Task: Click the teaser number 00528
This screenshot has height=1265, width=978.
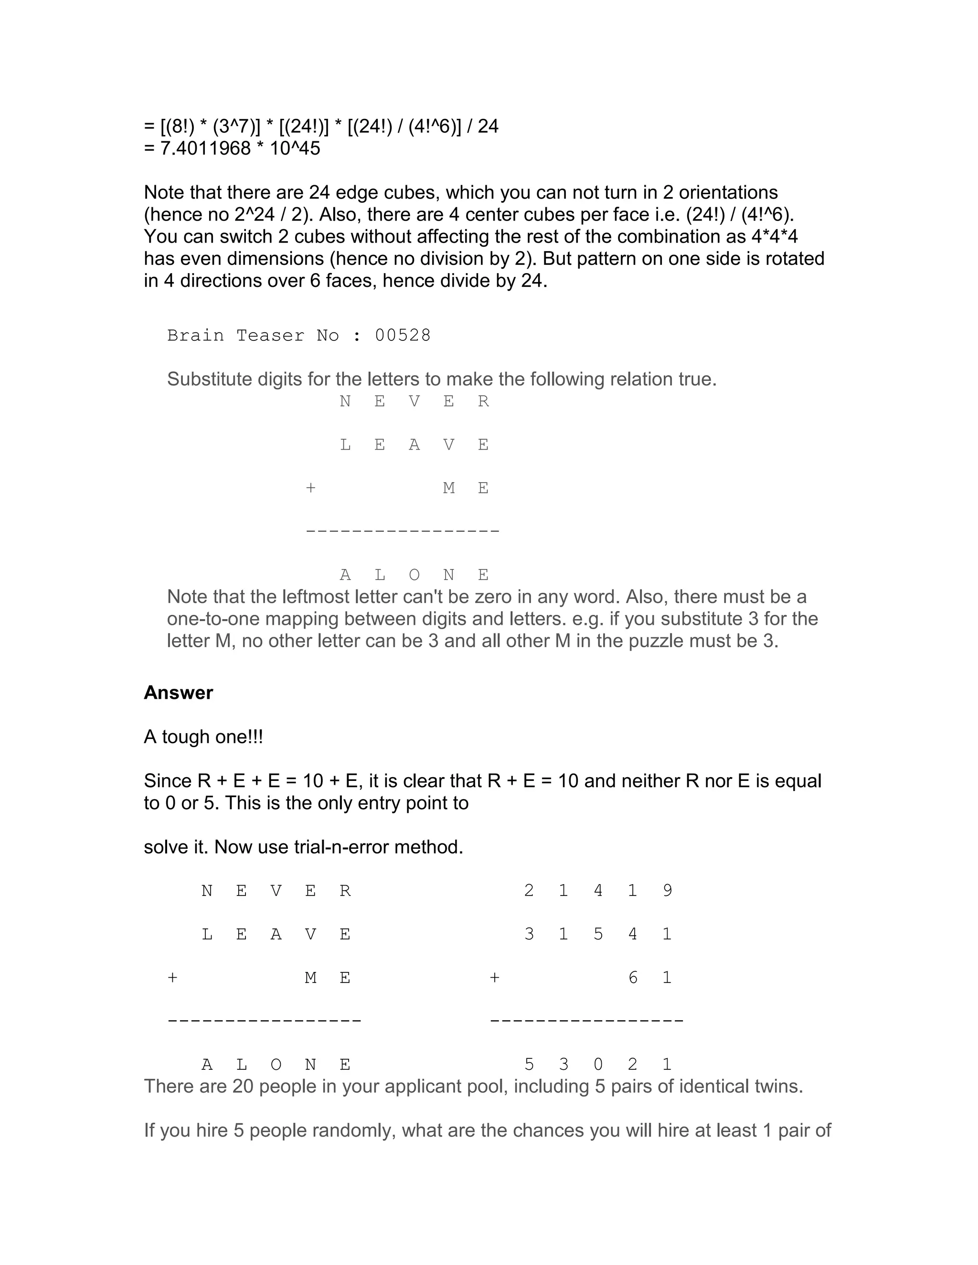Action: [x=403, y=336]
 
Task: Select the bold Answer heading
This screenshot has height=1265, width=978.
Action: [x=179, y=693]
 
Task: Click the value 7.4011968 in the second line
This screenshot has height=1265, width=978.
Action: [x=205, y=148]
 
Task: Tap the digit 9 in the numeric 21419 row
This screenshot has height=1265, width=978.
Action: [x=667, y=890]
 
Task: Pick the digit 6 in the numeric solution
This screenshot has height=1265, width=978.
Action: [x=633, y=978]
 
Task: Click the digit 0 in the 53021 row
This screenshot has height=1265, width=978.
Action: [x=598, y=1064]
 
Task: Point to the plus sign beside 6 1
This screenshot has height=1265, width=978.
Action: [x=494, y=978]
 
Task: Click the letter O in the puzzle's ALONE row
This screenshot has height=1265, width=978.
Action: [x=414, y=575]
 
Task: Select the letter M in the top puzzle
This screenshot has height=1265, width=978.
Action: [x=448, y=488]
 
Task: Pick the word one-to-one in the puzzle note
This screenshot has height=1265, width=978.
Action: [x=213, y=619]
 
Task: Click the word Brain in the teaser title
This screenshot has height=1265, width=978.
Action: [x=195, y=336]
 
